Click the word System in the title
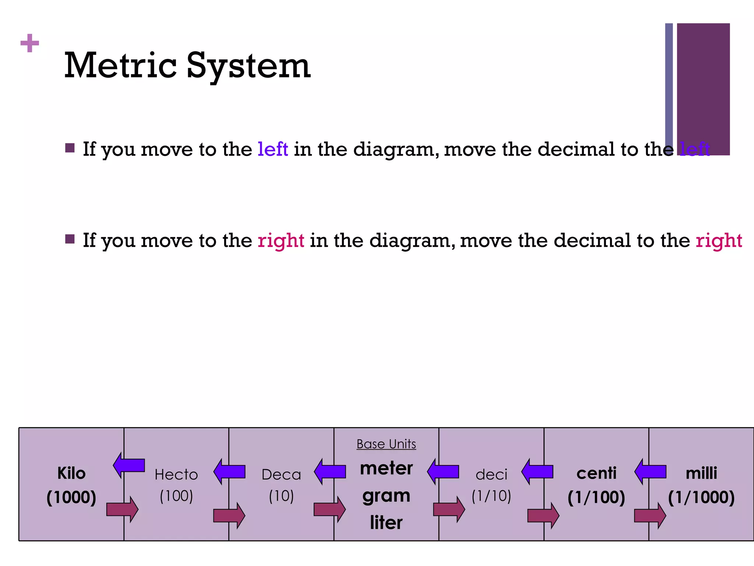click(249, 66)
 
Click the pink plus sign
click(30, 43)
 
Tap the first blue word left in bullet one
click(273, 149)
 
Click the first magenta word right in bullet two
click(281, 241)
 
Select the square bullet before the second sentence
click(70, 239)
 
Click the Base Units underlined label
click(386, 444)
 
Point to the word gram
click(386, 496)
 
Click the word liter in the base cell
click(386, 523)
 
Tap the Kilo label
click(71, 473)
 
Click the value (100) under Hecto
click(176, 496)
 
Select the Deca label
click(281, 475)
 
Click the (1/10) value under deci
click(491, 496)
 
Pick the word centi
click(596, 473)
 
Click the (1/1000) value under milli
click(701, 497)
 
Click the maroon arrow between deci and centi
click(543, 516)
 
